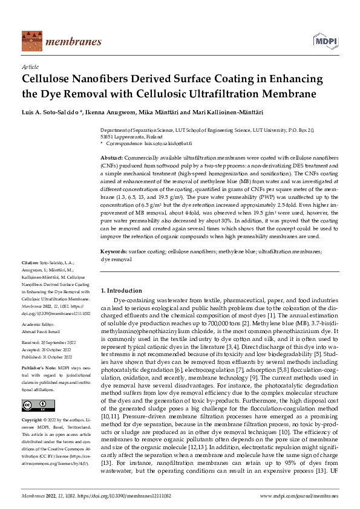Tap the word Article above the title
click(x=30, y=67)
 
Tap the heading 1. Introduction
click(x=121, y=291)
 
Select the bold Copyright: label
click(x=33, y=420)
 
